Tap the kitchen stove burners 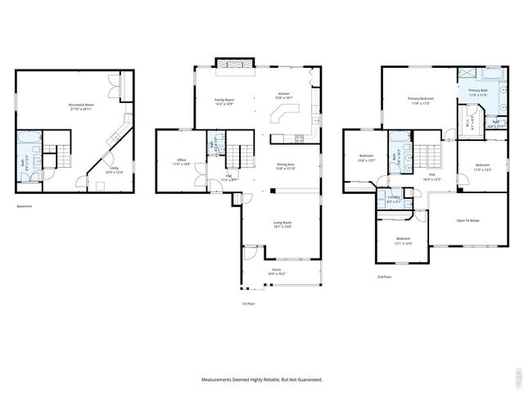click(299, 138)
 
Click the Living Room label click(283, 224)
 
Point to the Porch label click(277, 271)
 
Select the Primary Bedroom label click(421, 100)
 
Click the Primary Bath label click(477, 93)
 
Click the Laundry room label click(394, 198)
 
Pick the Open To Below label click(468, 220)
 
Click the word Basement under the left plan click(25, 206)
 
